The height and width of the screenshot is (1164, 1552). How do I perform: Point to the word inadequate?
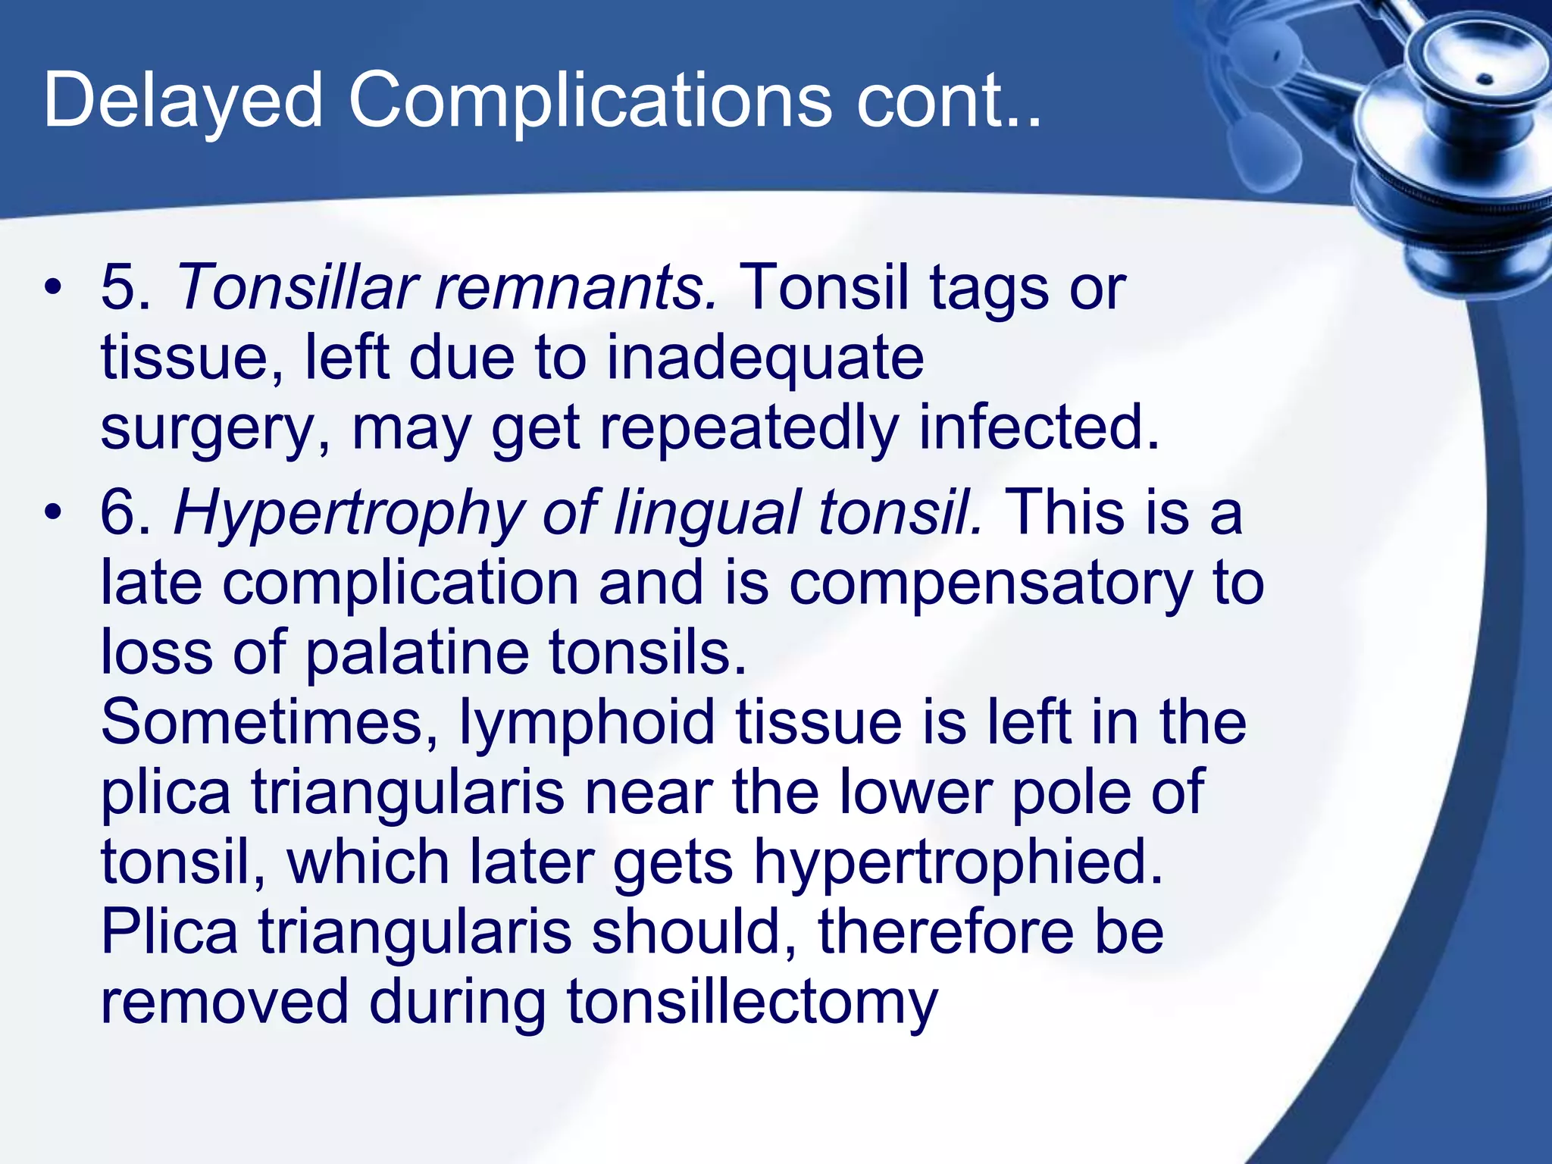pyautogui.click(x=765, y=358)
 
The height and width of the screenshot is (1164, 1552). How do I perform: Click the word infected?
pyautogui.click(x=1039, y=427)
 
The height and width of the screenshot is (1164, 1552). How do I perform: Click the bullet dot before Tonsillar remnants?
pyautogui.click(x=52, y=289)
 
